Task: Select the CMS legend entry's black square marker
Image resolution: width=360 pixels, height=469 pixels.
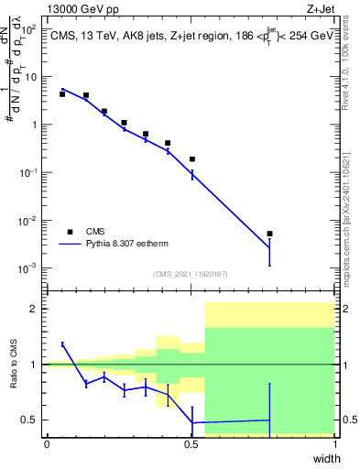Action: click(x=70, y=231)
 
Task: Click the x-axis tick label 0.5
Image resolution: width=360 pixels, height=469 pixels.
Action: click(x=191, y=443)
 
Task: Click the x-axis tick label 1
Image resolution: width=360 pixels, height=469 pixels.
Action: click(x=335, y=443)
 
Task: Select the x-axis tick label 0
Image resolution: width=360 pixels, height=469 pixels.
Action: click(x=47, y=443)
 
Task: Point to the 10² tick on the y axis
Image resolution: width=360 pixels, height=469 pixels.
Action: click(x=30, y=29)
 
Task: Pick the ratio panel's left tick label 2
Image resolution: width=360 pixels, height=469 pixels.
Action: click(x=37, y=309)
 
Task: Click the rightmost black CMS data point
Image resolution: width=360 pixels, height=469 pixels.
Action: click(x=269, y=234)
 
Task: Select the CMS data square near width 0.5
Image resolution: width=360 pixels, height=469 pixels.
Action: click(x=192, y=159)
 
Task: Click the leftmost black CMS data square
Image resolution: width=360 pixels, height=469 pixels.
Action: click(x=62, y=94)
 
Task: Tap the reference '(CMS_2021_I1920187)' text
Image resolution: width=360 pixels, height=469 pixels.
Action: click(x=190, y=274)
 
